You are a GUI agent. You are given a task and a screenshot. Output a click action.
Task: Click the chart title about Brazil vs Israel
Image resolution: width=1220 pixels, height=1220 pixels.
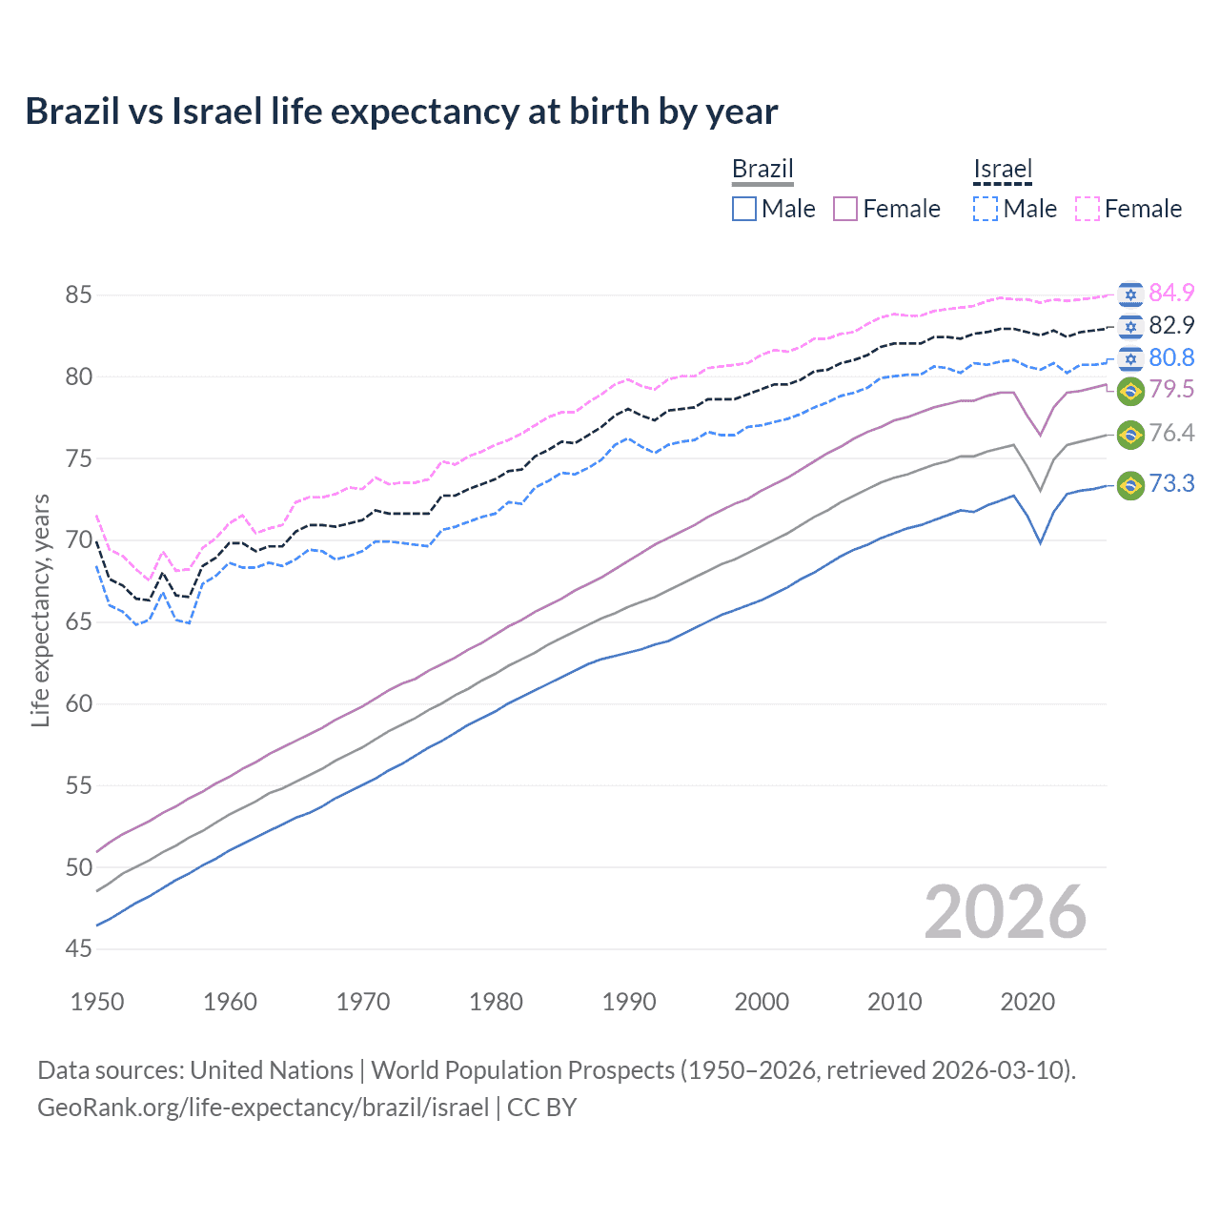(401, 112)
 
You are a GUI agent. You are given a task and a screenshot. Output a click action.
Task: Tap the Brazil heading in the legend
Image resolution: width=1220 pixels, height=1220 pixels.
(762, 169)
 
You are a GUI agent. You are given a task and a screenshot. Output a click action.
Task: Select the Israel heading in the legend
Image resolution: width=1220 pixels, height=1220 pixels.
(1003, 169)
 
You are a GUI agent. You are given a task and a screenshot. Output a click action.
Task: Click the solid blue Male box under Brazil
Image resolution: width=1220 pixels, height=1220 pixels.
(744, 209)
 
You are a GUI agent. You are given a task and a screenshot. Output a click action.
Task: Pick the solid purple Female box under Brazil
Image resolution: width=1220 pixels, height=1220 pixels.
(845, 209)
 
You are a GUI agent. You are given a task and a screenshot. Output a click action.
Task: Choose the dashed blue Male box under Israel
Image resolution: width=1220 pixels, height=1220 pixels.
(986, 209)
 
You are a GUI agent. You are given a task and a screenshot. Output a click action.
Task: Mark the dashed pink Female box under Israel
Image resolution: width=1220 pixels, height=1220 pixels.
(1088, 209)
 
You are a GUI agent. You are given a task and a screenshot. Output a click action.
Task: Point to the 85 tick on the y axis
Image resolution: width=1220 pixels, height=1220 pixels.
(79, 295)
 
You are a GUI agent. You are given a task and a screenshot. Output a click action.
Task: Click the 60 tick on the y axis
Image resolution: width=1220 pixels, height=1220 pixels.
(79, 704)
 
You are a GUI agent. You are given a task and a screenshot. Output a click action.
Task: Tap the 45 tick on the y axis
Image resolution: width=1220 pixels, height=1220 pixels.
(79, 949)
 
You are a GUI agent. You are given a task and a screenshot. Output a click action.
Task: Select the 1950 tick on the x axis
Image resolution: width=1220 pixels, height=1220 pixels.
(97, 1002)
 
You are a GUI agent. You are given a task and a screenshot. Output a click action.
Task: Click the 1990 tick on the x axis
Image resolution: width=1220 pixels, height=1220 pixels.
(629, 1002)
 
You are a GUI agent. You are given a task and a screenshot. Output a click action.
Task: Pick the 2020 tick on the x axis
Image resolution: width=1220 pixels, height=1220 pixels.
(1027, 1002)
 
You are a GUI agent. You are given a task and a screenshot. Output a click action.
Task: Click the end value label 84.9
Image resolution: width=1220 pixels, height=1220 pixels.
(1171, 293)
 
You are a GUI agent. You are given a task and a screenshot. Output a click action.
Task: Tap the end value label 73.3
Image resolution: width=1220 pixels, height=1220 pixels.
(1171, 484)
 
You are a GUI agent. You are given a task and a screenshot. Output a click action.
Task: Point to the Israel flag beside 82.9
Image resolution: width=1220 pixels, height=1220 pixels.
(1130, 326)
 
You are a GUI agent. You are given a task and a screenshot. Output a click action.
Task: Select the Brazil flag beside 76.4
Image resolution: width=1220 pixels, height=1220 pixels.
(1130, 434)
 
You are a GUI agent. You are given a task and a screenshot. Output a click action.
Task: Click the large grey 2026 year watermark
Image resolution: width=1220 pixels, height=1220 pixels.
(1006, 913)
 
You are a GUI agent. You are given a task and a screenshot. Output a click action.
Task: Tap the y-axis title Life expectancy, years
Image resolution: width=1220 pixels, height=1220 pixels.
(40, 610)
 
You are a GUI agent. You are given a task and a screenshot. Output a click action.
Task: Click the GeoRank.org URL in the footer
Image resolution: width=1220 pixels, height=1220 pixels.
(263, 1108)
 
